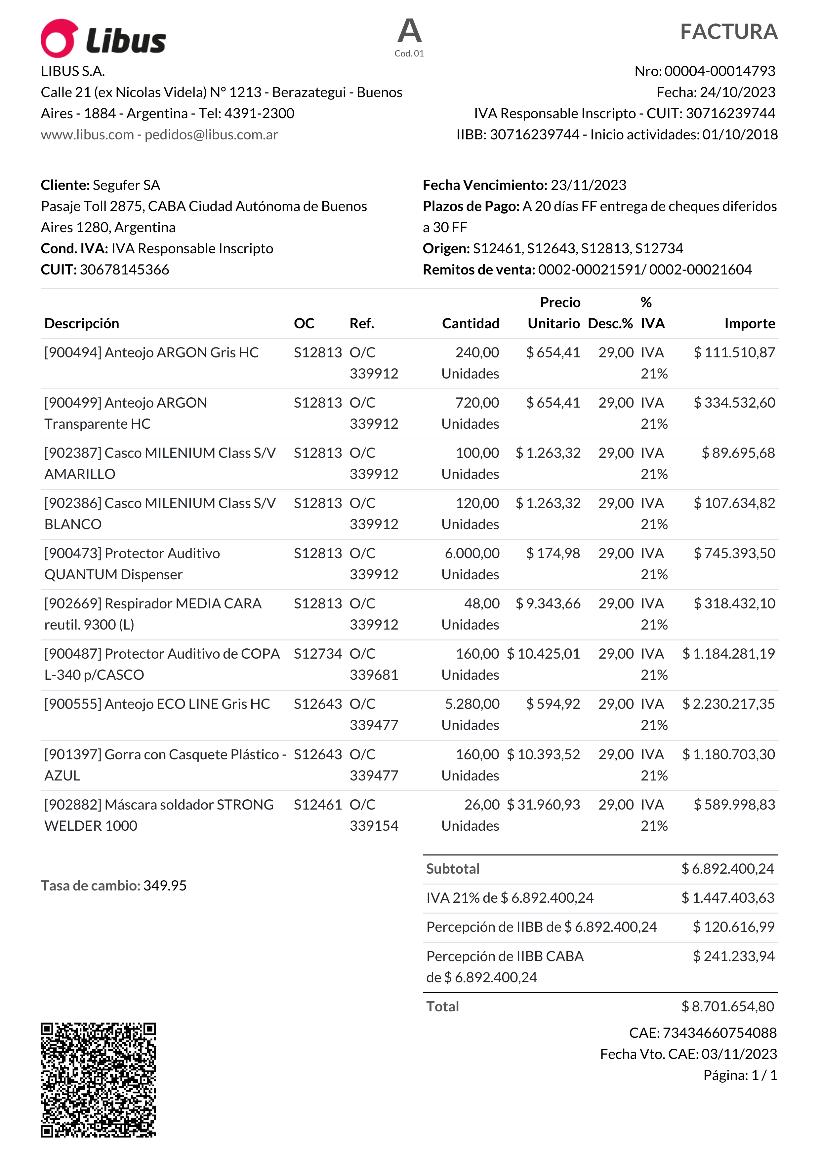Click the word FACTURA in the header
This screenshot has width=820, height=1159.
point(728,32)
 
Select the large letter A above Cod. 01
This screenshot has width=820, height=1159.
point(409,31)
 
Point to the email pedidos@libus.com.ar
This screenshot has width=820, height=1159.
point(211,135)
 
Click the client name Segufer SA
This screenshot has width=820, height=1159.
point(126,185)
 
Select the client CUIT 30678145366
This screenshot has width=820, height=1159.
point(124,270)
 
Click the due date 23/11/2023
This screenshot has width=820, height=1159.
point(588,185)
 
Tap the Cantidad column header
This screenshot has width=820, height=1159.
point(471,324)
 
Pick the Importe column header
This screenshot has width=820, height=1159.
point(749,324)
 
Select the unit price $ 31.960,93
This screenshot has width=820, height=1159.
point(544,805)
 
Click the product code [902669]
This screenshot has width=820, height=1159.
point(73,604)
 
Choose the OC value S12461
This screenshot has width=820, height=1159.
point(318,805)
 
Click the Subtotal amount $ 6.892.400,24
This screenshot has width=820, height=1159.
point(727,869)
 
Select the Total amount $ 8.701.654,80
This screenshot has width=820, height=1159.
point(727,1006)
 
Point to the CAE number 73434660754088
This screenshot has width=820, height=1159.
point(719,1033)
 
